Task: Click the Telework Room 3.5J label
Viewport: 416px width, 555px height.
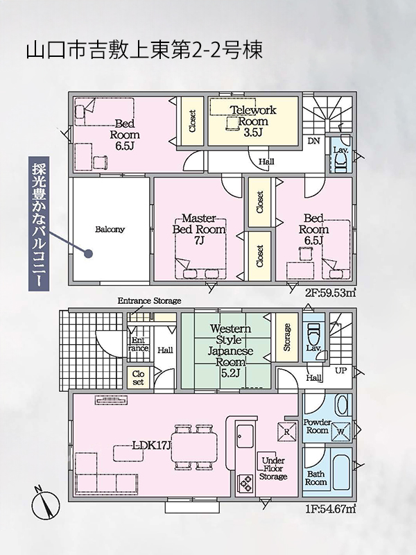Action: point(252,121)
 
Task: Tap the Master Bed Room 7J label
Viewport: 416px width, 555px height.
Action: point(199,230)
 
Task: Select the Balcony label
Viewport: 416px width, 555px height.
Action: point(110,230)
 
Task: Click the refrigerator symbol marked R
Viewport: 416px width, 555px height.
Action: point(287,432)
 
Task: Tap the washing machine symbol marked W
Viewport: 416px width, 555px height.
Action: point(340,432)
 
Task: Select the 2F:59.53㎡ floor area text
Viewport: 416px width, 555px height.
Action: point(331,293)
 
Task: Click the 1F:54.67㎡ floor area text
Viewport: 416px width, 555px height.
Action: point(331,509)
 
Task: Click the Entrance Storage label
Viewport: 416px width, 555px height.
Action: point(149,301)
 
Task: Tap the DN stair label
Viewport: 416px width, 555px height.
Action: point(314,142)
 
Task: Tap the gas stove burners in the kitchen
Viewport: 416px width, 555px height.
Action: point(245,483)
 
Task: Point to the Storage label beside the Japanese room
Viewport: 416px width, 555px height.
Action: point(287,337)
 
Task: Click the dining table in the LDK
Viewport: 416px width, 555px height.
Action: point(194,447)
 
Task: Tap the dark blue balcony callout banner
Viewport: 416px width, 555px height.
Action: point(39,225)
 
